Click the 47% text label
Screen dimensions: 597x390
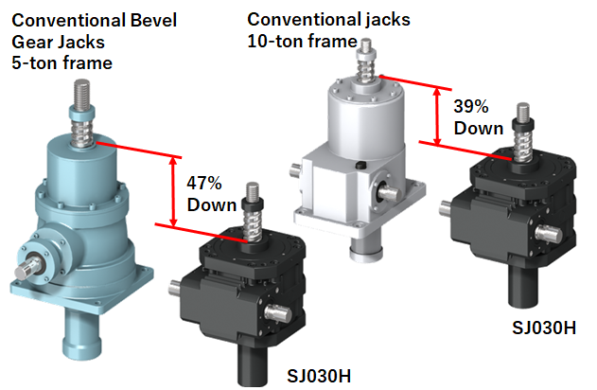click(204, 184)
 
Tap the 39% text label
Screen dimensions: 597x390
click(471, 106)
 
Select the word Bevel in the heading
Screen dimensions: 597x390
click(153, 20)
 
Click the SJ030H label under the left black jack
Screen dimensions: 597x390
click(319, 376)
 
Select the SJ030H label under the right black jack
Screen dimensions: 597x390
click(544, 328)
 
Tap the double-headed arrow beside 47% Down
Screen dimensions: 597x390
click(173, 192)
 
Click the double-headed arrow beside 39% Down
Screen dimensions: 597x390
click(437, 116)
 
